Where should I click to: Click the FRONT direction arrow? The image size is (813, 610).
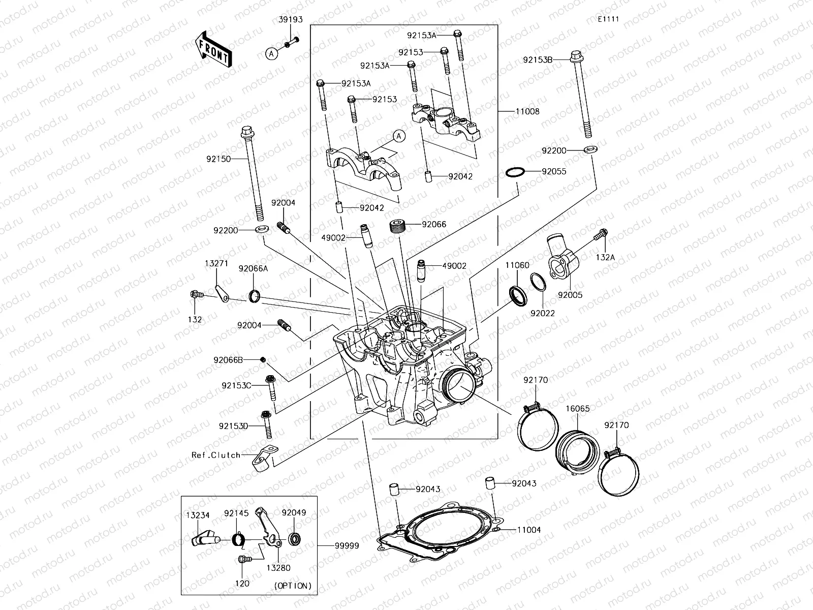click(x=213, y=49)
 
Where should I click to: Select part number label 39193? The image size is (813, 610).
click(x=291, y=20)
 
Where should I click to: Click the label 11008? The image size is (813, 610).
click(x=527, y=111)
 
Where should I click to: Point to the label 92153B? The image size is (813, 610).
click(x=538, y=59)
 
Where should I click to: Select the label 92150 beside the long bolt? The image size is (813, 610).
click(x=218, y=159)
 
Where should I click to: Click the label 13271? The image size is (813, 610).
click(x=216, y=263)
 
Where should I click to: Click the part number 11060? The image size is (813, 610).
click(x=517, y=265)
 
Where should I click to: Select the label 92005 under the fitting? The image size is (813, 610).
click(x=570, y=295)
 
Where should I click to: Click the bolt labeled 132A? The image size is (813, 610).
click(x=601, y=235)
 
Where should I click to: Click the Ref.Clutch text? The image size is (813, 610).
click(x=215, y=455)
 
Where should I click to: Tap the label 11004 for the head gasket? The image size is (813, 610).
click(x=529, y=530)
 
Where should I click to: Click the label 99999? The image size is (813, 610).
click(x=347, y=545)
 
